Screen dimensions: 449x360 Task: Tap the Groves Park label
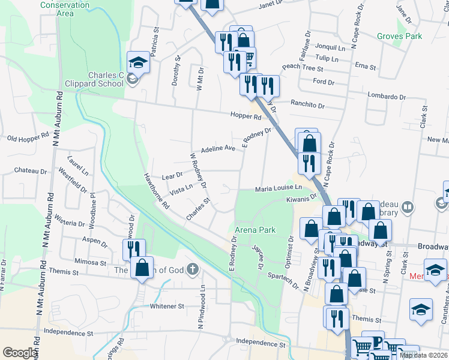click(399, 36)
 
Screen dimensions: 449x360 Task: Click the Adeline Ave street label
click(217, 148)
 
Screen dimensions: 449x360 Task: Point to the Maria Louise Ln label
click(278, 188)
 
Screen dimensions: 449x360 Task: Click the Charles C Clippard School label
click(107, 79)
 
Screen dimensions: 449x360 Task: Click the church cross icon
click(192, 269)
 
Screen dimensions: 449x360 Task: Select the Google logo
click(20, 353)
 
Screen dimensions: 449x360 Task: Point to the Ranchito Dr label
click(307, 105)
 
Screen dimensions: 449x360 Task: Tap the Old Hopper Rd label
click(28, 139)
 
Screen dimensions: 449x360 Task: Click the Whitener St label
click(167, 306)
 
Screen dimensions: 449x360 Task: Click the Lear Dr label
click(172, 176)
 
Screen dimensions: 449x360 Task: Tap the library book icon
click(408, 208)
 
